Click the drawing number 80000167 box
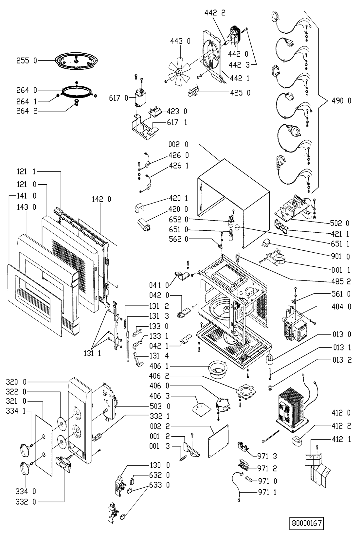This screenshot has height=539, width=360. point(307,523)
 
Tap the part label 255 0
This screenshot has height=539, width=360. point(27,61)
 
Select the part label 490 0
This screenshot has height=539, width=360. point(341,101)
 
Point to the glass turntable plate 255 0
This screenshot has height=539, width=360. point(76,61)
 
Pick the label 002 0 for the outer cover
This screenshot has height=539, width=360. point(178,145)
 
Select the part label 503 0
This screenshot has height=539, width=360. point(160,406)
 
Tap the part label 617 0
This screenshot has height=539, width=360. point(118,98)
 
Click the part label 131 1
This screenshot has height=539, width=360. point(92,353)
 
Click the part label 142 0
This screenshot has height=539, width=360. point(101,200)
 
